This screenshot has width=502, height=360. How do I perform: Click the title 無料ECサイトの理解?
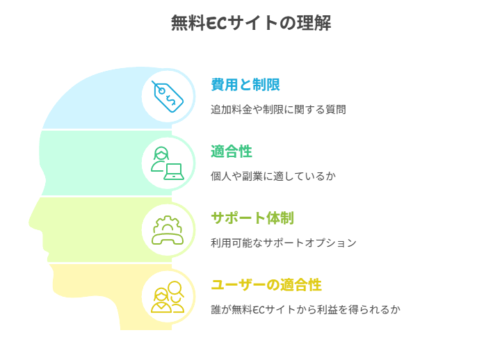[x=251, y=23]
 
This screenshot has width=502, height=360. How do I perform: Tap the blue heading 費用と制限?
[x=245, y=85]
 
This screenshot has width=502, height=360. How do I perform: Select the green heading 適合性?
[x=231, y=152]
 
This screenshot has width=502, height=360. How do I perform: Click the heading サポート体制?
[x=252, y=218]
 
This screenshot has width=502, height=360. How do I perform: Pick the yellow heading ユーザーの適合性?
[x=266, y=284]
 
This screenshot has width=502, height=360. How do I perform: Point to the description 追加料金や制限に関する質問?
[x=278, y=109]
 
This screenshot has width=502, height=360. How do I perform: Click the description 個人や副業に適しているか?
[x=273, y=176]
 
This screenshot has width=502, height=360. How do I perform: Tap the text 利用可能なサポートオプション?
[x=284, y=243]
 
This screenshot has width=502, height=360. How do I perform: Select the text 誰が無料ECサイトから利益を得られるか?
[x=305, y=309]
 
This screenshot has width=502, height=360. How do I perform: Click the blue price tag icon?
[x=168, y=97]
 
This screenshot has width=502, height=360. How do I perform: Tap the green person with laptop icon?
[x=168, y=163]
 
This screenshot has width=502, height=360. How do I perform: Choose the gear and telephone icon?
[x=168, y=230]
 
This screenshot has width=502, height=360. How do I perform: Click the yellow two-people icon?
[x=168, y=297]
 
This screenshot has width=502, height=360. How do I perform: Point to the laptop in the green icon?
[x=174, y=172]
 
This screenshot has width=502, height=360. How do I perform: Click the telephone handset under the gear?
[x=168, y=238]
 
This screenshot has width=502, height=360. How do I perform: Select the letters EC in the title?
[x=216, y=23]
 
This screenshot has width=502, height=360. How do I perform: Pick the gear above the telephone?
[x=168, y=224]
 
